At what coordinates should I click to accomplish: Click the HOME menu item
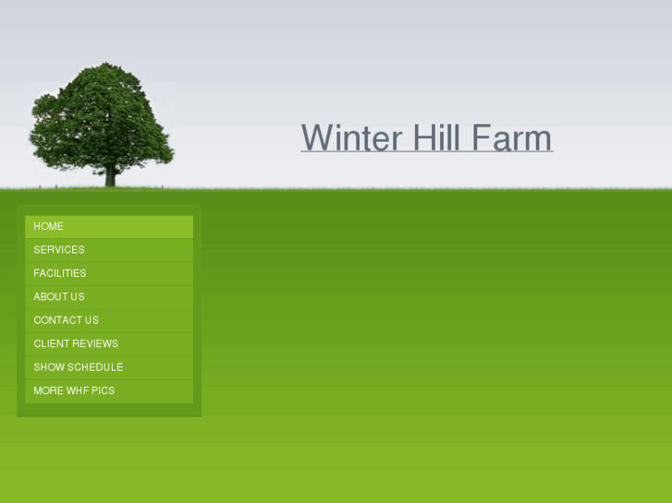click(x=49, y=226)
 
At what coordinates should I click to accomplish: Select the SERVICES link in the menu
click(x=59, y=250)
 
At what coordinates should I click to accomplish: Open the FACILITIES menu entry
click(x=60, y=273)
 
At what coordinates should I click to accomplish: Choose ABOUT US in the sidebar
click(x=59, y=297)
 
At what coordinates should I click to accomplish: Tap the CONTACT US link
click(x=67, y=320)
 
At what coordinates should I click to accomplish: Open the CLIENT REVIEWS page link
click(x=76, y=343)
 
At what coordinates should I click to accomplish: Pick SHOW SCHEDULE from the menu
click(x=79, y=367)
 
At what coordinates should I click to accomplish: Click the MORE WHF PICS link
click(x=74, y=390)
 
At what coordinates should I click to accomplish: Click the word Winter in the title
click(x=351, y=138)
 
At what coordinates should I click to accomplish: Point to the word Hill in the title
click(x=437, y=138)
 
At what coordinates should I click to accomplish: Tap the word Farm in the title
click(x=512, y=138)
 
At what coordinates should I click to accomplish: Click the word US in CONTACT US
click(x=91, y=320)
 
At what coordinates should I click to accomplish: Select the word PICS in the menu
click(x=103, y=390)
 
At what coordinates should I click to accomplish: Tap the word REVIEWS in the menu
click(x=96, y=343)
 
